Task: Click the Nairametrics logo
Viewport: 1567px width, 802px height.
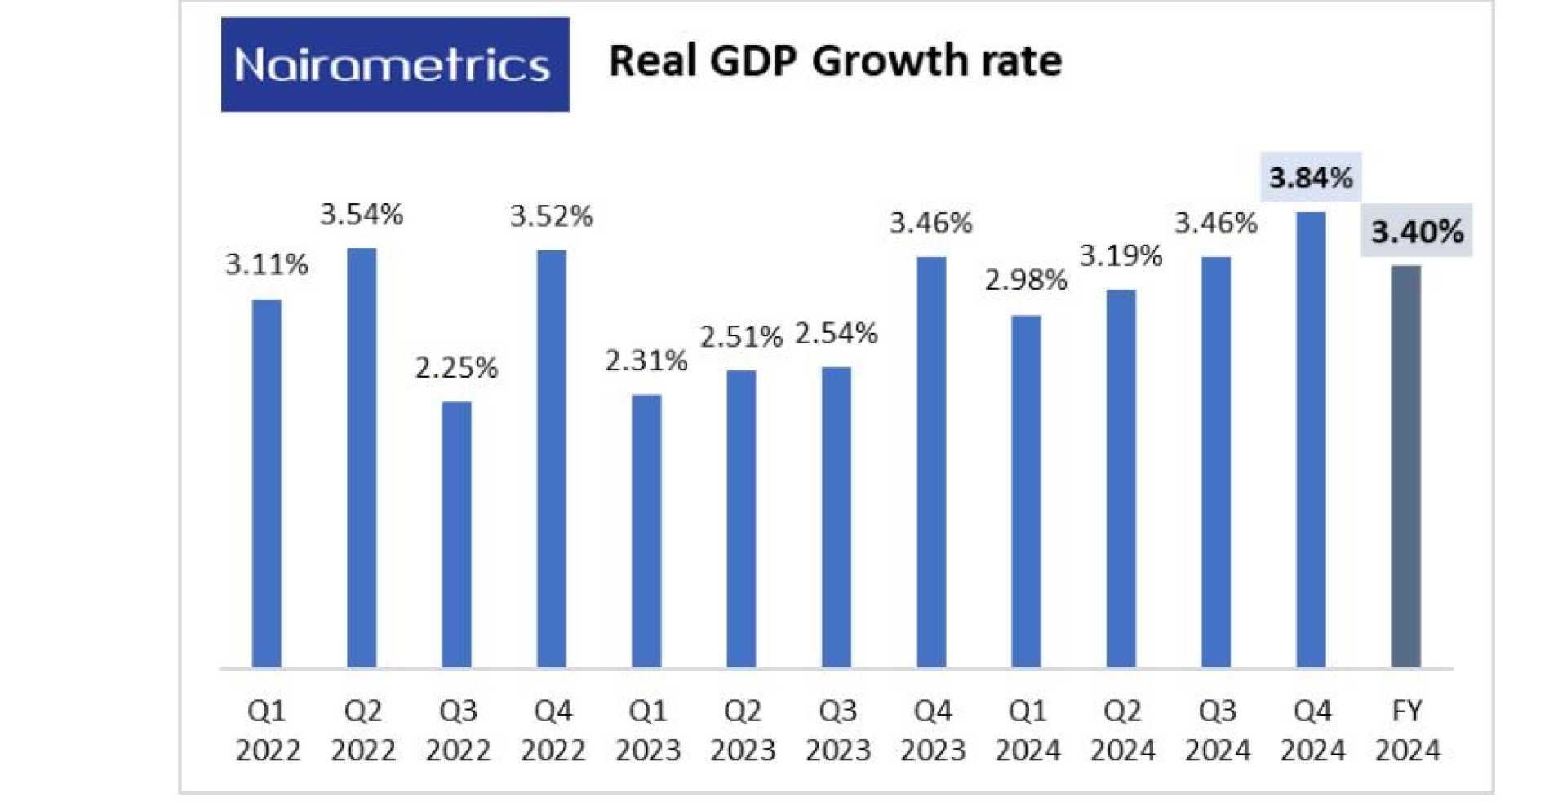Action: (x=395, y=64)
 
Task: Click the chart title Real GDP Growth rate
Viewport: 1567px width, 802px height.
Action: (x=835, y=61)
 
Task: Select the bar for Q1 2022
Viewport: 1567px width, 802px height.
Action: (x=267, y=484)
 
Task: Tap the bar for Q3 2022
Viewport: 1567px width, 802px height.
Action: (x=456, y=534)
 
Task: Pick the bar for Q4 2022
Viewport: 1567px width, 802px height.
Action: (x=552, y=459)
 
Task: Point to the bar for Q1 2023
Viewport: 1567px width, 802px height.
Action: (x=646, y=531)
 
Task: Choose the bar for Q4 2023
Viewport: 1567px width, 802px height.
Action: (x=931, y=463)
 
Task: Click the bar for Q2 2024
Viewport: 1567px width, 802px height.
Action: (x=1121, y=479)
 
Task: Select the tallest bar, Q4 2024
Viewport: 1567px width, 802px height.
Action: (x=1311, y=440)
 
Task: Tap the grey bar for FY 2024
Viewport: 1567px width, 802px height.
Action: (x=1405, y=467)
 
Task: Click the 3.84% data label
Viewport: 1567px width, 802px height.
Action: (x=1311, y=177)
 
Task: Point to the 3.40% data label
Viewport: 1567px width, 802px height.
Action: (x=1417, y=232)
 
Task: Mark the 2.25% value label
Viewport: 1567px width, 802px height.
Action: (x=456, y=368)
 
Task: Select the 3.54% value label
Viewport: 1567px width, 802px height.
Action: (x=362, y=215)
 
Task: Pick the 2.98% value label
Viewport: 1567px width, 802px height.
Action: (x=1026, y=280)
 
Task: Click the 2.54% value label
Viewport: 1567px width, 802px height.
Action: (x=837, y=333)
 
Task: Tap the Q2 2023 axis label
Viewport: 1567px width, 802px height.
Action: (x=742, y=730)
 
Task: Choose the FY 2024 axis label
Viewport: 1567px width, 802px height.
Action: (x=1407, y=730)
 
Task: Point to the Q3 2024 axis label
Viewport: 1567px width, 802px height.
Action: (x=1217, y=730)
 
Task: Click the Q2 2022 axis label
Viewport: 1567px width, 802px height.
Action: (x=362, y=730)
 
